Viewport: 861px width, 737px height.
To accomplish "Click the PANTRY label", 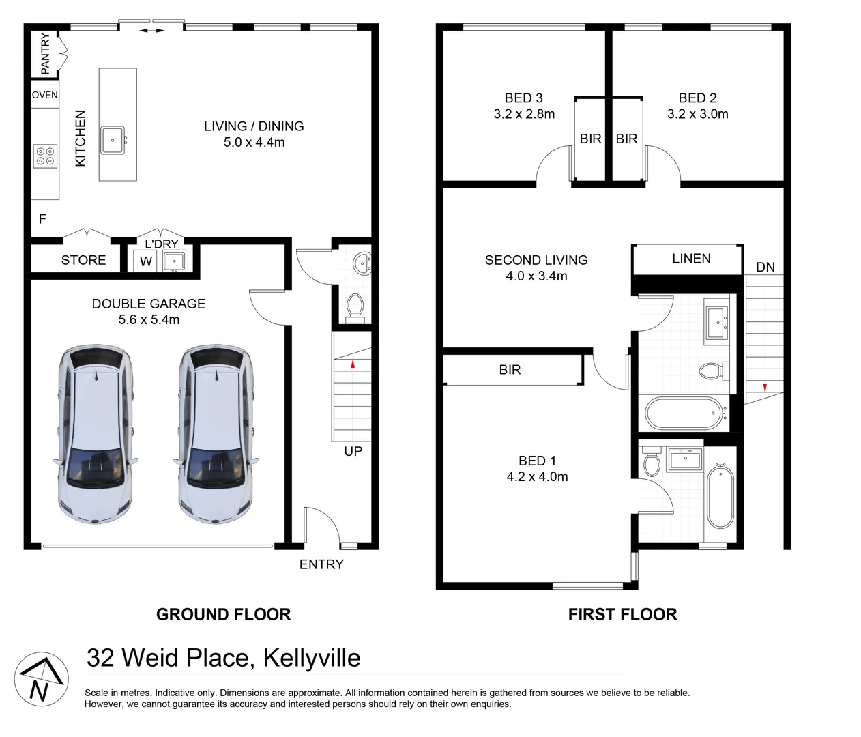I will [x=45, y=53].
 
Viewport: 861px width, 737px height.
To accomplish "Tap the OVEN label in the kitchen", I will [x=45, y=95].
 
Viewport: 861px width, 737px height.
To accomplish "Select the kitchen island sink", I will [x=113, y=140].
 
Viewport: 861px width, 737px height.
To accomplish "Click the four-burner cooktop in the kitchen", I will [x=45, y=156].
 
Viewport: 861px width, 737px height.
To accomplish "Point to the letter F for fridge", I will [x=42, y=219].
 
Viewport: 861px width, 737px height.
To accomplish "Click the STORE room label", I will [x=83, y=260].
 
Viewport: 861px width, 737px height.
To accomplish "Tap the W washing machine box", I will [x=146, y=261].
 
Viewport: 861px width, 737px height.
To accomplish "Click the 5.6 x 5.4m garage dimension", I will [x=149, y=320].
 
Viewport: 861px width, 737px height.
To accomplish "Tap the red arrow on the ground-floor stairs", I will [x=353, y=364].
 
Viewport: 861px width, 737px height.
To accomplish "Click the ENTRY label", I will [x=321, y=564].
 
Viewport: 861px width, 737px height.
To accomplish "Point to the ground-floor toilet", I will [x=354, y=307].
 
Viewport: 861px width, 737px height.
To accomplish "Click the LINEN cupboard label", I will [x=691, y=259].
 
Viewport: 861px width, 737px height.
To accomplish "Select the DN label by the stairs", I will [x=765, y=267].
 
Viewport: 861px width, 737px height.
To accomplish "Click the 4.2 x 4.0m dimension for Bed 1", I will [x=537, y=477].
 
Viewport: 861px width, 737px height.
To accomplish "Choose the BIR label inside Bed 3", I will [x=590, y=139].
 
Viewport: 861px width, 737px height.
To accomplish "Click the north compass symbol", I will [x=41, y=678].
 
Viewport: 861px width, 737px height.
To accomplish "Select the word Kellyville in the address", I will [x=312, y=658].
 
